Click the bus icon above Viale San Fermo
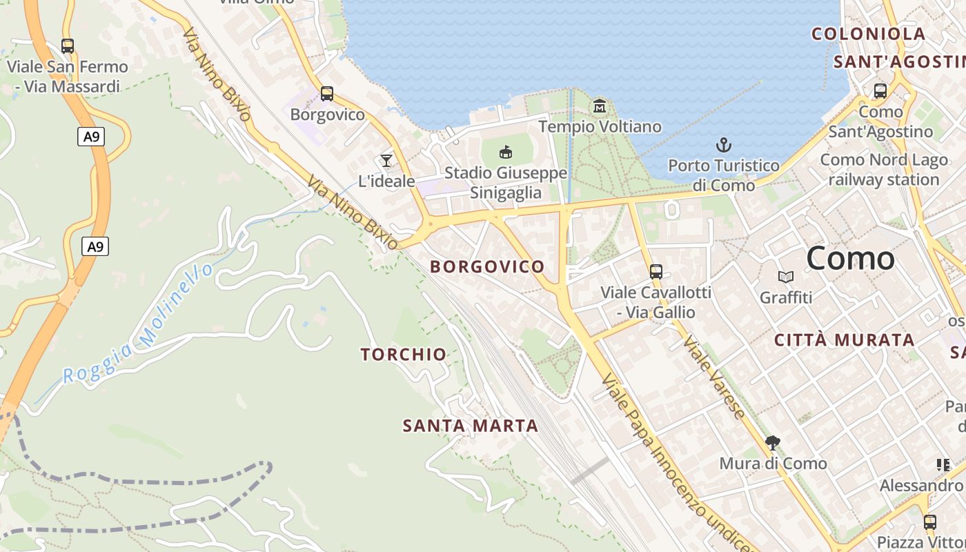(67, 46)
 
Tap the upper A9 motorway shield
(91, 137)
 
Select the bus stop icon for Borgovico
(327, 93)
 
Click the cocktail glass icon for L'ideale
(386, 161)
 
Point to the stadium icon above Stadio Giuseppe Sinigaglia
(506, 152)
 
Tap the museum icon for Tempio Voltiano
(599, 106)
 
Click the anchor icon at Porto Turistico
(723, 145)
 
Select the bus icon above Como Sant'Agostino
(880, 90)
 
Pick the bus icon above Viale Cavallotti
(655, 271)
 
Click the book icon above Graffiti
(785, 277)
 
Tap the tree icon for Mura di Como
(773, 442)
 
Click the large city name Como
(850, 259)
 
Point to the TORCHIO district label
(404, 355)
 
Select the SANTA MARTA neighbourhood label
(471, 426)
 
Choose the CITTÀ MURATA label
(845, 340)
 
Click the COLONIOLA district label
(868, 34)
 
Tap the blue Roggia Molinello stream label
(138, 326)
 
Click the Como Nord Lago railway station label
(884, 170)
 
